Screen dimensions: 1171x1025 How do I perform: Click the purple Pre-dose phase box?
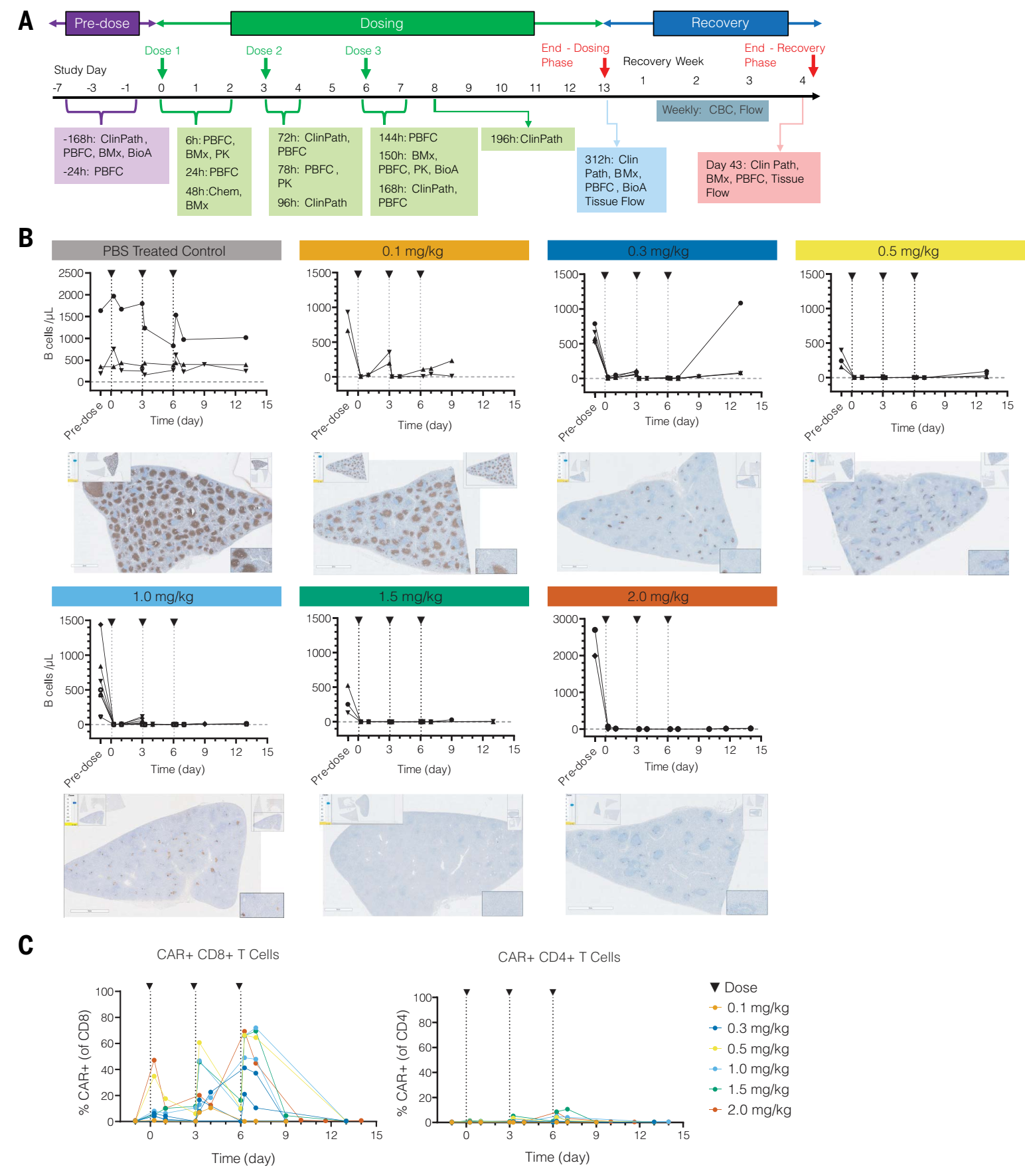(102, 23)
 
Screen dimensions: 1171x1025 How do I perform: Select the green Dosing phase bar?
(382, 23)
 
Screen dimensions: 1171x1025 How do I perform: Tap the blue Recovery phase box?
(720, 23)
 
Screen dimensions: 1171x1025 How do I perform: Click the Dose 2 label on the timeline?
(264, 50)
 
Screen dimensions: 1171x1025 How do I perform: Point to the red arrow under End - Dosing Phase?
(604, 68)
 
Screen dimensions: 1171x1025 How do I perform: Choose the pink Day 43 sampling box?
(759, 178)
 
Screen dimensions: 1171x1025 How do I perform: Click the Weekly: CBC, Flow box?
(712, 110)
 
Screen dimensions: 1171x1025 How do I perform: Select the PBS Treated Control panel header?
(166, 250)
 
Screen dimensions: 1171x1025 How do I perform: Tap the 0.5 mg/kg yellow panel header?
(909, 250)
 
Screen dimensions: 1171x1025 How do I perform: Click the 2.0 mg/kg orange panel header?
(661, 596)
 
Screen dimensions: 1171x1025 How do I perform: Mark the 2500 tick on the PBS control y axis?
(71, 273)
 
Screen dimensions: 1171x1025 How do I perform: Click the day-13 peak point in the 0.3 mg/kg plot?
(740, 303)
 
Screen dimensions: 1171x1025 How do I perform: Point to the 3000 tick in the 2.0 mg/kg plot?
(566, 619)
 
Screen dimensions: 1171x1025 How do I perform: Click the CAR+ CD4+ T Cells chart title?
(559, 957)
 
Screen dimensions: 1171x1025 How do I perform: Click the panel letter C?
(26, 945)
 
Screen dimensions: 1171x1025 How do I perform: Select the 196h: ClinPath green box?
(527, 139)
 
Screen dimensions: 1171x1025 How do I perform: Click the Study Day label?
(80, 70)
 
